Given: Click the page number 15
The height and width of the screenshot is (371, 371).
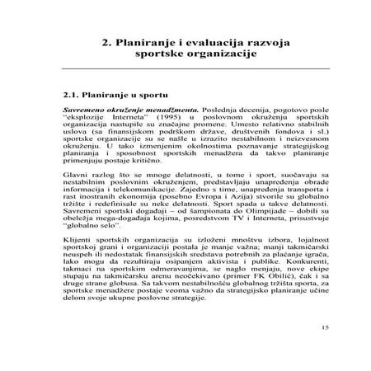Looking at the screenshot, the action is [326, 350].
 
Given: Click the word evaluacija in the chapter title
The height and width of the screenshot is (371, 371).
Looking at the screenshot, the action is [208, 39].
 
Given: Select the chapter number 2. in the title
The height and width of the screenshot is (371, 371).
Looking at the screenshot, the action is [106, 39].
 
